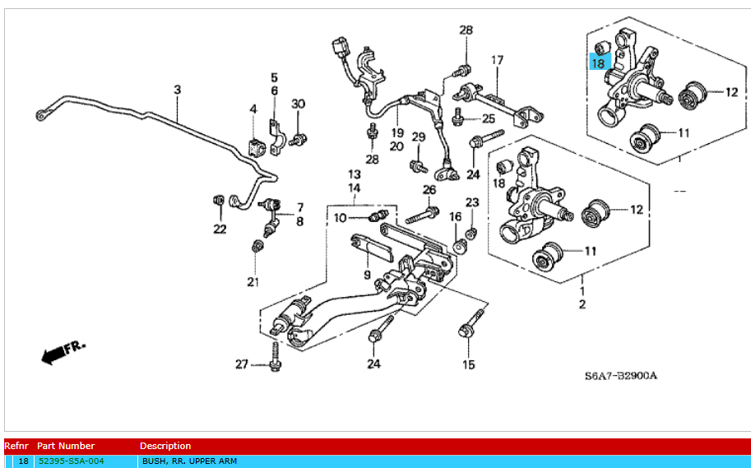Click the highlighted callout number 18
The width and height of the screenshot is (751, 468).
(x=598, y=63)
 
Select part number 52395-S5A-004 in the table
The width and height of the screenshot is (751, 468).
(x=72, y=461)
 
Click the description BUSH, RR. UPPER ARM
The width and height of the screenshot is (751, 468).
(x=189, y=461)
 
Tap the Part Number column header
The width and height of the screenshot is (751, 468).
(x=66, y=446)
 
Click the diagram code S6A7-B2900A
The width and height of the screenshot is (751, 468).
(x=621, y=376)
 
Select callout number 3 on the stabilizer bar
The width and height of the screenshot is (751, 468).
(x=177, y=89)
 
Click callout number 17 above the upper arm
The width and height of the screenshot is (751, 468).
(x=497, y=60)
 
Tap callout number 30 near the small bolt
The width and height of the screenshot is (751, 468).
(x=298, y=104)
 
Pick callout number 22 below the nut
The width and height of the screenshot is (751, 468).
(x=220, y=229)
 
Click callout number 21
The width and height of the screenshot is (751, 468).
(x=253, y=282)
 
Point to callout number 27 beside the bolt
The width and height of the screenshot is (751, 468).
(x=241, y=364)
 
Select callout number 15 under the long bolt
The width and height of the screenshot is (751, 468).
(x=468, y=364)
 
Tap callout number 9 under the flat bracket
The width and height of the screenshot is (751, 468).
(x=367, y=275)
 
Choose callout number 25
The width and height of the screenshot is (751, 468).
(x=489, y=119)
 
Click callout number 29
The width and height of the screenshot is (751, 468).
(x=418, y=137)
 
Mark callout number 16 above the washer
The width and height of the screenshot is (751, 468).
(x=455, y=216)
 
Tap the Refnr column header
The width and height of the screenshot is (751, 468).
(x=16, y=446)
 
